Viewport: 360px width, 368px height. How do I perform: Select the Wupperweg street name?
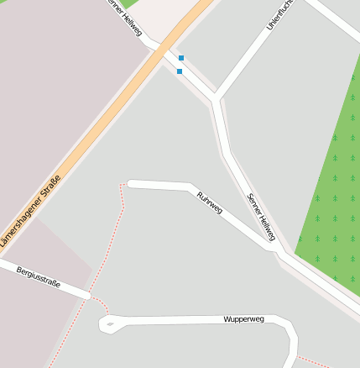[x=244, y=319]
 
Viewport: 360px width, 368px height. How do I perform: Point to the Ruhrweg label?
[x=209, y=202]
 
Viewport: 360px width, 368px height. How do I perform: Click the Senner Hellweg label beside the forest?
[x=261, y=217]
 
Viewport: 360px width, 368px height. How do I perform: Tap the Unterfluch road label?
[x=280, y=13]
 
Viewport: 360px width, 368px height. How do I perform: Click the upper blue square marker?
[x=181, y=58]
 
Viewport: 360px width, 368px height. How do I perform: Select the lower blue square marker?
[x=180, y=71]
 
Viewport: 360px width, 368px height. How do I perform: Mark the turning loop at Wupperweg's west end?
[x=107, y=323]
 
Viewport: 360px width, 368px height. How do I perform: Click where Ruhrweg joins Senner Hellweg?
[x=277, y=252]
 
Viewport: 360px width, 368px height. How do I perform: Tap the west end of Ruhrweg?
[x=130, y=183]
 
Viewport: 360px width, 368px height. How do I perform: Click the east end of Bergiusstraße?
[x=86, y=295]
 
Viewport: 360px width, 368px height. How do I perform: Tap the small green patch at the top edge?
[x=130, y=3]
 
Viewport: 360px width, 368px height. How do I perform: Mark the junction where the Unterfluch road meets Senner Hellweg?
[x=217, y=97]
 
